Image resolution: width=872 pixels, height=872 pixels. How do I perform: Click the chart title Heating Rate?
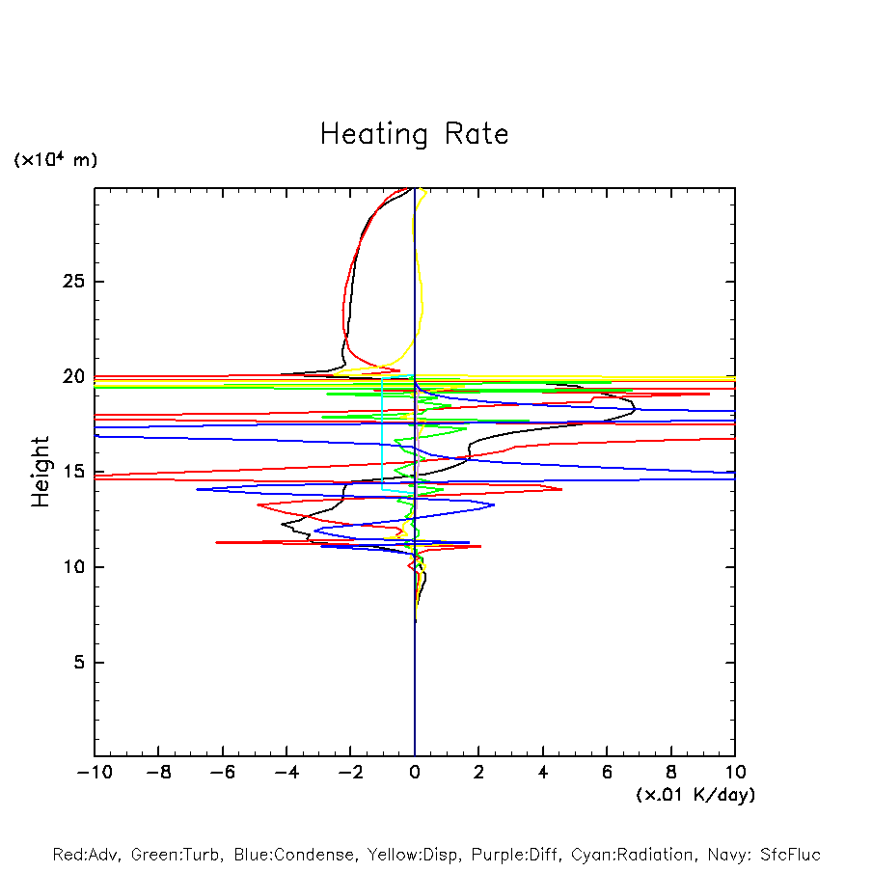414,134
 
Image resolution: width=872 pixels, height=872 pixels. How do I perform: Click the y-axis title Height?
41,472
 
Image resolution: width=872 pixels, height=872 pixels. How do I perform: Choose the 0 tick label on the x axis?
415,773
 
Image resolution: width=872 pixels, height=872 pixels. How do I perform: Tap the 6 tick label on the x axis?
607,773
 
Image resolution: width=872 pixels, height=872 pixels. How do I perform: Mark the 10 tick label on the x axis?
735,773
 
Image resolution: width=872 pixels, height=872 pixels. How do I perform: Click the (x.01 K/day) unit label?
695,795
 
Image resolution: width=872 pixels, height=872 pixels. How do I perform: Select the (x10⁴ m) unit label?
55,160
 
